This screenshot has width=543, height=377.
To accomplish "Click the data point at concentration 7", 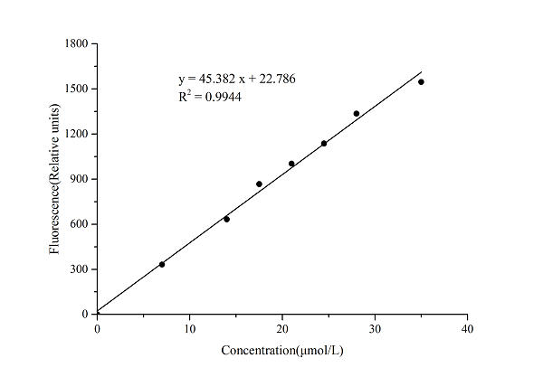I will tap(162, 264).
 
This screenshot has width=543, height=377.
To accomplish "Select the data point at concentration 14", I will tap(226, 219).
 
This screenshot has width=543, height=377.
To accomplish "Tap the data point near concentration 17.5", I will tap(259, 184).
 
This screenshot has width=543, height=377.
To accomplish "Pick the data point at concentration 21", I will tap(291, 164).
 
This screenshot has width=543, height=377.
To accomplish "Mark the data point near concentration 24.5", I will tap(324, 143).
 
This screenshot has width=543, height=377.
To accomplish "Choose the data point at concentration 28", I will tap(357, 113).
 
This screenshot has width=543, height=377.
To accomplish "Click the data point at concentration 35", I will tap(421, 82).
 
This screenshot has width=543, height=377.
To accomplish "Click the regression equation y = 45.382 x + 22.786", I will tap(237, 80).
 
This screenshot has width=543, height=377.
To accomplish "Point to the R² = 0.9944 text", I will tap(209, 96).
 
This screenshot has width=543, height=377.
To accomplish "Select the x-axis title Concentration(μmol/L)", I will tap(282, 350).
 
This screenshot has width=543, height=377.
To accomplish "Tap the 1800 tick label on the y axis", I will tap(76, 43).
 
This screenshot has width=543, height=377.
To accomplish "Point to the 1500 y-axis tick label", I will tap(76, 89).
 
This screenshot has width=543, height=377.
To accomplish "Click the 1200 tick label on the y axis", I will tap(76, 134).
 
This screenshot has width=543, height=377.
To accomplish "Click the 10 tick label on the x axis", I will tap(189, 327).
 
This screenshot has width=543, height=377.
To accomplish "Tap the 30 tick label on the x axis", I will tap(375, 327).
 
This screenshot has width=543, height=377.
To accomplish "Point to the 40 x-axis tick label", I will tap(467, 327).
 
